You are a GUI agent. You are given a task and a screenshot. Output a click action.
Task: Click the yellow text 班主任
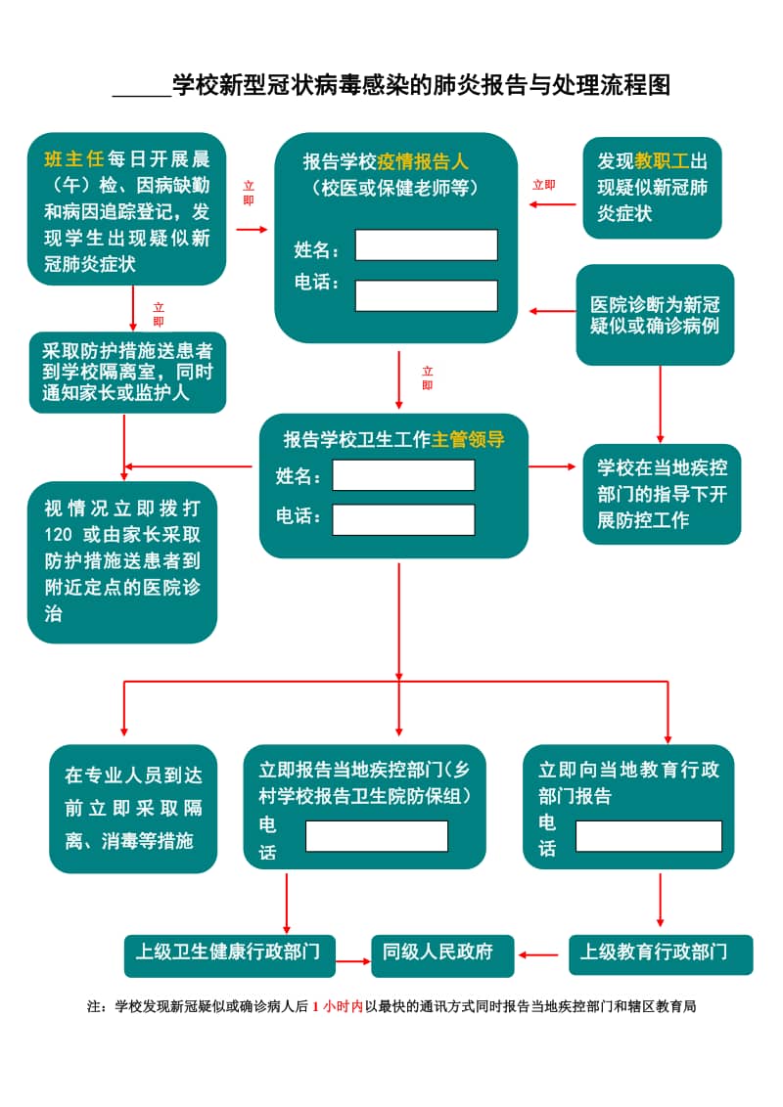coord(74,158)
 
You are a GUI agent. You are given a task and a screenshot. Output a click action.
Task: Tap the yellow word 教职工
coord(663,161)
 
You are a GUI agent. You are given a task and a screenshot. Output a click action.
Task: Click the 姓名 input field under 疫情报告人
coord(426,244)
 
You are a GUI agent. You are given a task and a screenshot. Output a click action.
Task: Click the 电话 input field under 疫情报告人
coord(426,295)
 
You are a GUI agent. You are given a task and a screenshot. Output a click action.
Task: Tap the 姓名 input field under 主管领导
coord(403,475)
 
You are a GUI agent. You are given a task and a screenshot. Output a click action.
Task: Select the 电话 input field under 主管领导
coord(403,519)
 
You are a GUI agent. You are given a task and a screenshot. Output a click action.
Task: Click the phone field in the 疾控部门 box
coord(377,836)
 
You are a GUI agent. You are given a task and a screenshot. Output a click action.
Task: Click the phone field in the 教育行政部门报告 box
coord(648,836)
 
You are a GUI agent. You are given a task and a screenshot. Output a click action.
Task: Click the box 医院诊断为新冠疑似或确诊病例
coord(655,315)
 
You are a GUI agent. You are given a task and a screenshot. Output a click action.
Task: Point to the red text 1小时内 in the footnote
coord(338,1005)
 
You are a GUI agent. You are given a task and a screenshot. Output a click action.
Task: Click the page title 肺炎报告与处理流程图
coord(421,85)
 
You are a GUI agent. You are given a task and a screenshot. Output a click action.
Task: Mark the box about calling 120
coord(122,561)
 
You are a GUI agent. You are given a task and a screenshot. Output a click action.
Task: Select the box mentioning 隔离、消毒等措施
coord(133,808)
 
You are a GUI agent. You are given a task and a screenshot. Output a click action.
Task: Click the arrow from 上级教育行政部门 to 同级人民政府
coord(541,954)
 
